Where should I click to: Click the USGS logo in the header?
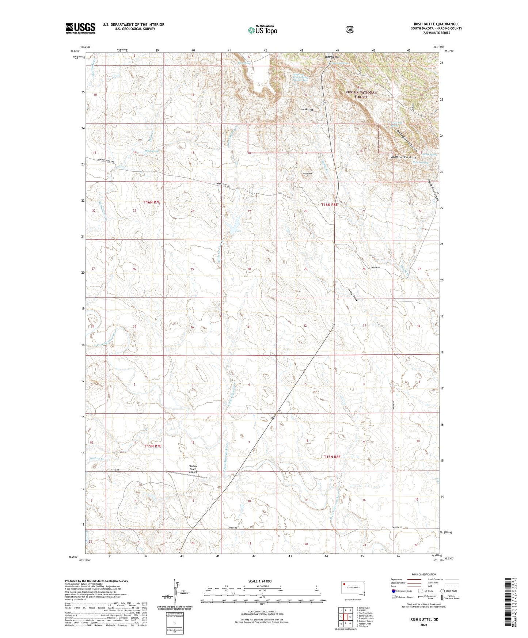(80, 28)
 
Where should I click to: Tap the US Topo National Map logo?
(262, 30)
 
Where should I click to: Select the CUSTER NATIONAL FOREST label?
(361, 94)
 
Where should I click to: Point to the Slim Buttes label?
(306, 110)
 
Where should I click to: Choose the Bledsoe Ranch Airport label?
(193, 469)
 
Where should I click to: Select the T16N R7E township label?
(152, 202)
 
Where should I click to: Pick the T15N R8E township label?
(332, 457)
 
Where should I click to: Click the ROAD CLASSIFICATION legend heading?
(423, 574)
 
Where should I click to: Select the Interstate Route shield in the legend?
(393, 591)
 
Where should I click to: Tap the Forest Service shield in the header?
(350, 30)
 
